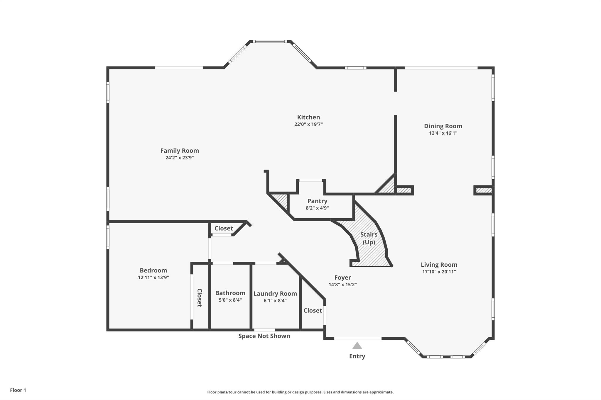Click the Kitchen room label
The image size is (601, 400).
(308, 117)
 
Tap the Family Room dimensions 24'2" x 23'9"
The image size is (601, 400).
(180, 158)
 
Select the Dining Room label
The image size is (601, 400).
(443, 126)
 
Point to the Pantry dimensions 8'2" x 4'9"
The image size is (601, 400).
(317, 208)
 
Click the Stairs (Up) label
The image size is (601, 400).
(369, 238)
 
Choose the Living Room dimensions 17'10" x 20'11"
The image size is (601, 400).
(439, 272)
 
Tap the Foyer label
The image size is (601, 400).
(342, 278)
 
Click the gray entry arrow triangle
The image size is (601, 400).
(357, 345)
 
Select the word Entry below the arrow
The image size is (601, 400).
(357, 356)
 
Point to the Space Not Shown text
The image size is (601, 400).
(264, 336)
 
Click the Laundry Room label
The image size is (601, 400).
(275, 294)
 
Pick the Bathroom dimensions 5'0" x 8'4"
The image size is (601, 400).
(230, 300)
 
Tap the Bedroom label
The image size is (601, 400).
(153, 270)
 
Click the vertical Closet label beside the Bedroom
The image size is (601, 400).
(199, 298)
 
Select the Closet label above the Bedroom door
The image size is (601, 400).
(224, 228)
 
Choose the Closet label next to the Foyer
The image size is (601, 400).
(313, 310)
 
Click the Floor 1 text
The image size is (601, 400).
(18, 390)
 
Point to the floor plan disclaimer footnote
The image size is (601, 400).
(300, 392)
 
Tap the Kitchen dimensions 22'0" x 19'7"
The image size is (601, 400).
(308, 124)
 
